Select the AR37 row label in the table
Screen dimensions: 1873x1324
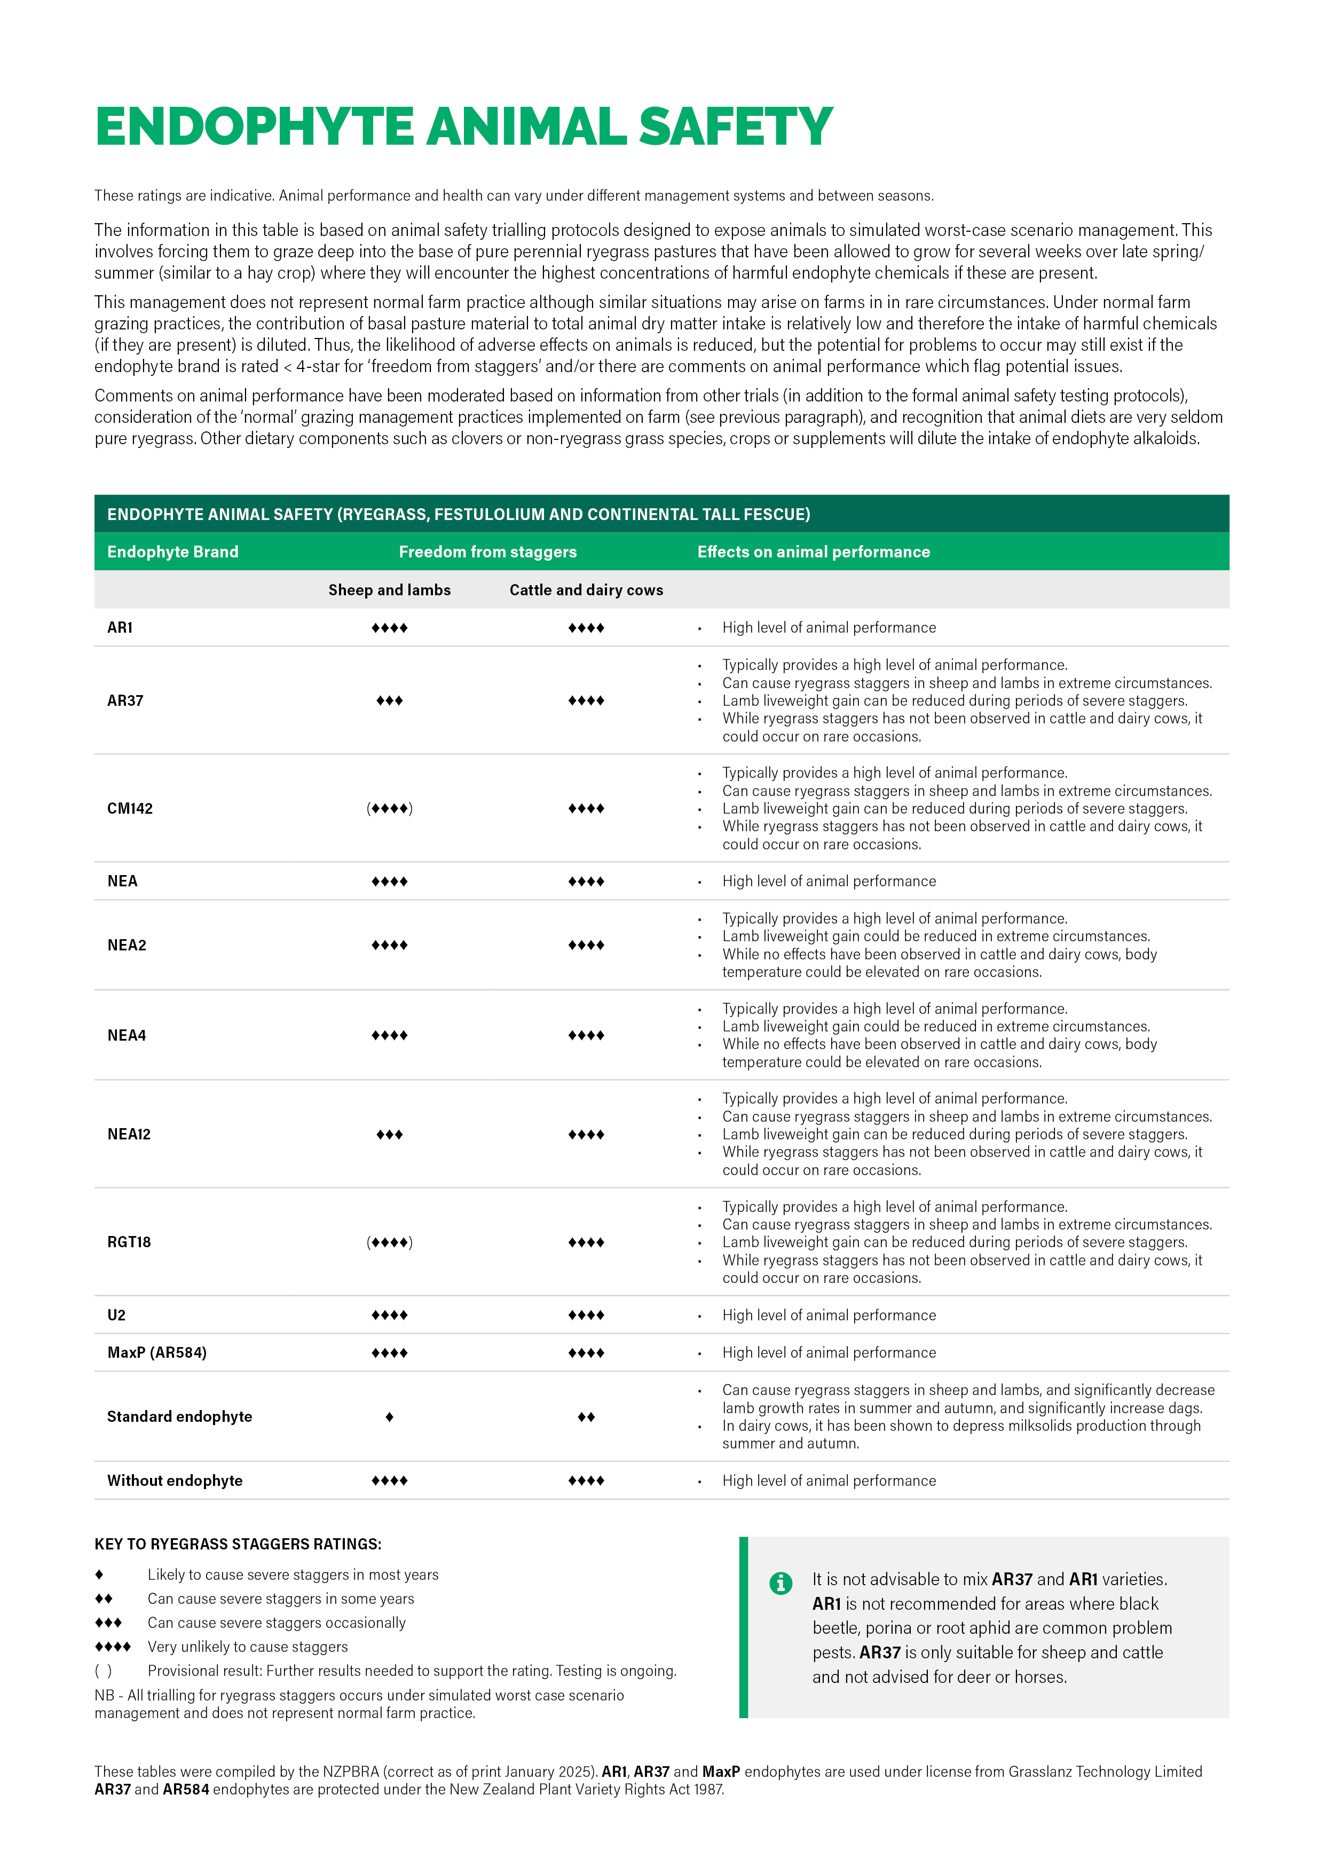click(x=125, y=701)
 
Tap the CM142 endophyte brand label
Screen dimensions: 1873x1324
click(x=130, y=808)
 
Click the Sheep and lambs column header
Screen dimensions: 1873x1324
click(x=389, y=590)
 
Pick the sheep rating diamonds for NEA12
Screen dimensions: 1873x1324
click(x=389, y=1135)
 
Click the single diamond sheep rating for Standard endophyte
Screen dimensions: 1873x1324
click(x=389, y=1417)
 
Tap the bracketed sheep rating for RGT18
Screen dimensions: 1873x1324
click(x=389, y=1242)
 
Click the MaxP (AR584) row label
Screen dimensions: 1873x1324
click(x=156, y=1352)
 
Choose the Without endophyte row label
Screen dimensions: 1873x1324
click(x=175, y=1481)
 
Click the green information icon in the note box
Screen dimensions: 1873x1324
click(x=780, y=1584)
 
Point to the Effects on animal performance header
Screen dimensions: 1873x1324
click(x=813, y=552)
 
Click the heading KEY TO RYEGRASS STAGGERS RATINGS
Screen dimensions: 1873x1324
click(x=238, y=1544)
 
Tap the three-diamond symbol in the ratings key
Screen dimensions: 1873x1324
click(x=108, y=1623)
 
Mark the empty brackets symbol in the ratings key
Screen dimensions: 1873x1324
click(x=104, y=1671)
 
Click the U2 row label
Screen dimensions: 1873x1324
click(x=117, y=1315)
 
